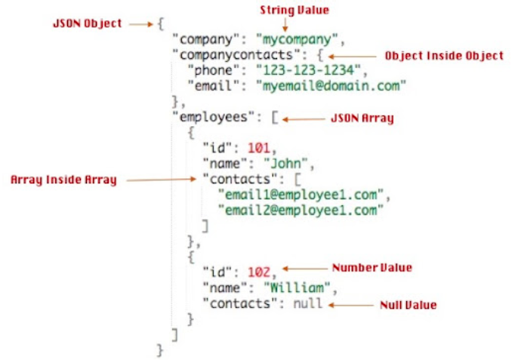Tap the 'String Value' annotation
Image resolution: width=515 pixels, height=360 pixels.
pyautogui.click(x=285, y=10)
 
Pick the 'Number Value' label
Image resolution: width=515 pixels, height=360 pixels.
pyautogui.click(x=372, y=267)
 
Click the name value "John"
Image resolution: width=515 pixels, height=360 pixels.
pyautogui.click(x=279, y=163)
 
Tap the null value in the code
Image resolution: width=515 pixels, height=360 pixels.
pyautogui.click(x=307, y=303)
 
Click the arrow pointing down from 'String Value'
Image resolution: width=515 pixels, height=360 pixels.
pyautogui.click(x=285, y=24)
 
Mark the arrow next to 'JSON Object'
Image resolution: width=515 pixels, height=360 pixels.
pyautogui.click(x=140, y=24)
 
